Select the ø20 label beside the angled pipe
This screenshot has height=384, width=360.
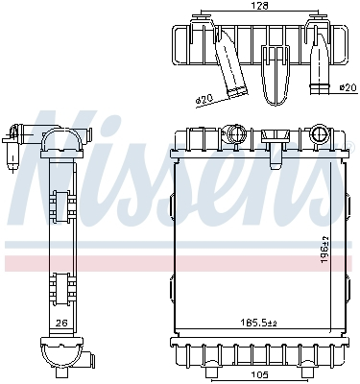coord(204,99)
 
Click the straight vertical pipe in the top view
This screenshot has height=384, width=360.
coord(318,67)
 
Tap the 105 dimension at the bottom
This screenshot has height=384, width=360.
coord(259,374)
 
